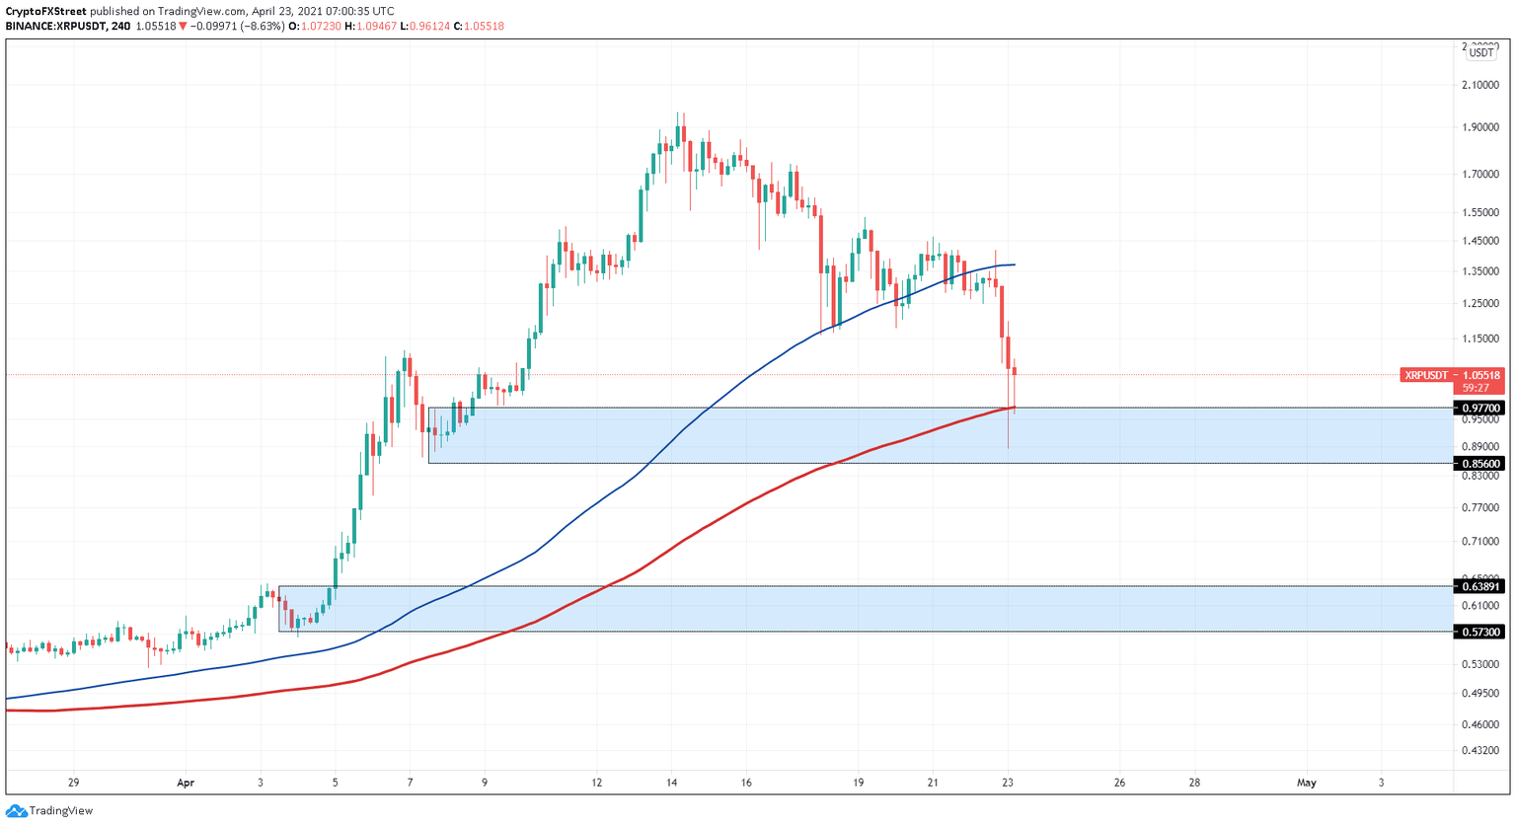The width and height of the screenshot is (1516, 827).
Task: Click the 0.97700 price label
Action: pyautogui.click(x=1480, y=408)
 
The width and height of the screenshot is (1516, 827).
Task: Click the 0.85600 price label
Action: pyautogui.click(x=1480, y=463)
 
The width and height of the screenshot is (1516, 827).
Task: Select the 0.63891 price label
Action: pyautogui.click(x=1480, y=586)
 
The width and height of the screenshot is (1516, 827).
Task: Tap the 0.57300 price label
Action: pyautogui.click(x=1480, y=632)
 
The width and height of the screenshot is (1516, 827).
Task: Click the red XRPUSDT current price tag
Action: pyautogui.click(x=1452, y=375)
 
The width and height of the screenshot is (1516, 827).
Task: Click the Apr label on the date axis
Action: pyautogui.click(x=186, y=783)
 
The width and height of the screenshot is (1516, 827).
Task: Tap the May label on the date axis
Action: pyautogui.click(x=1306, y=783)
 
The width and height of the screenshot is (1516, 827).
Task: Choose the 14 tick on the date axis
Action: pyautogui.click(x=671, y=783)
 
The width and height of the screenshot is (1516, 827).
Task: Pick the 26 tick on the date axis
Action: pyautogui.click(x=1119, y=783)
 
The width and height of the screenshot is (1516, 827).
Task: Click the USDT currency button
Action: pyautogui.click(x=1480, y=53)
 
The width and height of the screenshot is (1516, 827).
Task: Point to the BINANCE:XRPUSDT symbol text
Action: pyautogui.click(x=54, y=26)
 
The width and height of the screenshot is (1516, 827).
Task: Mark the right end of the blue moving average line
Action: pyautogui.click(x=1015, y=264)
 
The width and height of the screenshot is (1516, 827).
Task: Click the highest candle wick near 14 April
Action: pyautogui.click(x=678, y=113)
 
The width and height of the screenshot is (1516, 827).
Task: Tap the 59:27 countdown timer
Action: pyautogui.click(x=1477, y=388)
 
